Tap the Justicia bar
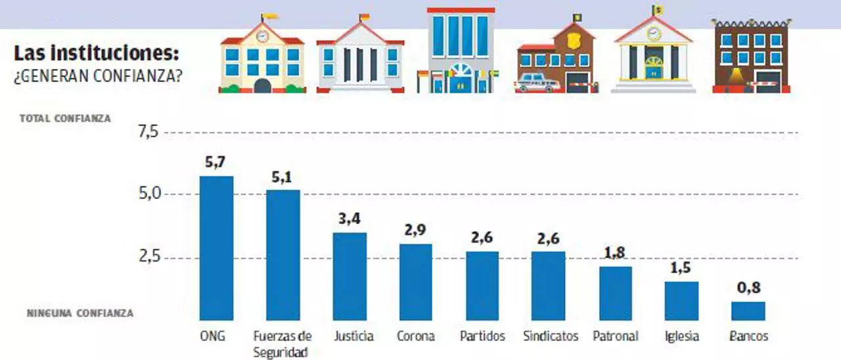pyautogui.click(x=350, y=276)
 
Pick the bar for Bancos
pyautogui.click(x=748, y=311)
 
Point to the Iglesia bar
pyautogui.click(x=681, y=301)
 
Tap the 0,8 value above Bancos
pyautogui.click(x=748, y=288)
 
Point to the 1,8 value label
pyautogui.click(x=615, y=253)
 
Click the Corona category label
pyautogui.click(x=416, y=336)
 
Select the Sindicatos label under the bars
pyautogui.click(x=551, y=336)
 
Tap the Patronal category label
pyautogui.click(x=616, y=336)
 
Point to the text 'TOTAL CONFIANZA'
pyautogui.click(x=65, y=119)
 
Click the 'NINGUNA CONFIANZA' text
pyautogui.click(x=80, y=313)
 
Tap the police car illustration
pyautogui.click(x=539, y=83)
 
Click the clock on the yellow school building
pyautogui.click(x=262, y=36)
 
